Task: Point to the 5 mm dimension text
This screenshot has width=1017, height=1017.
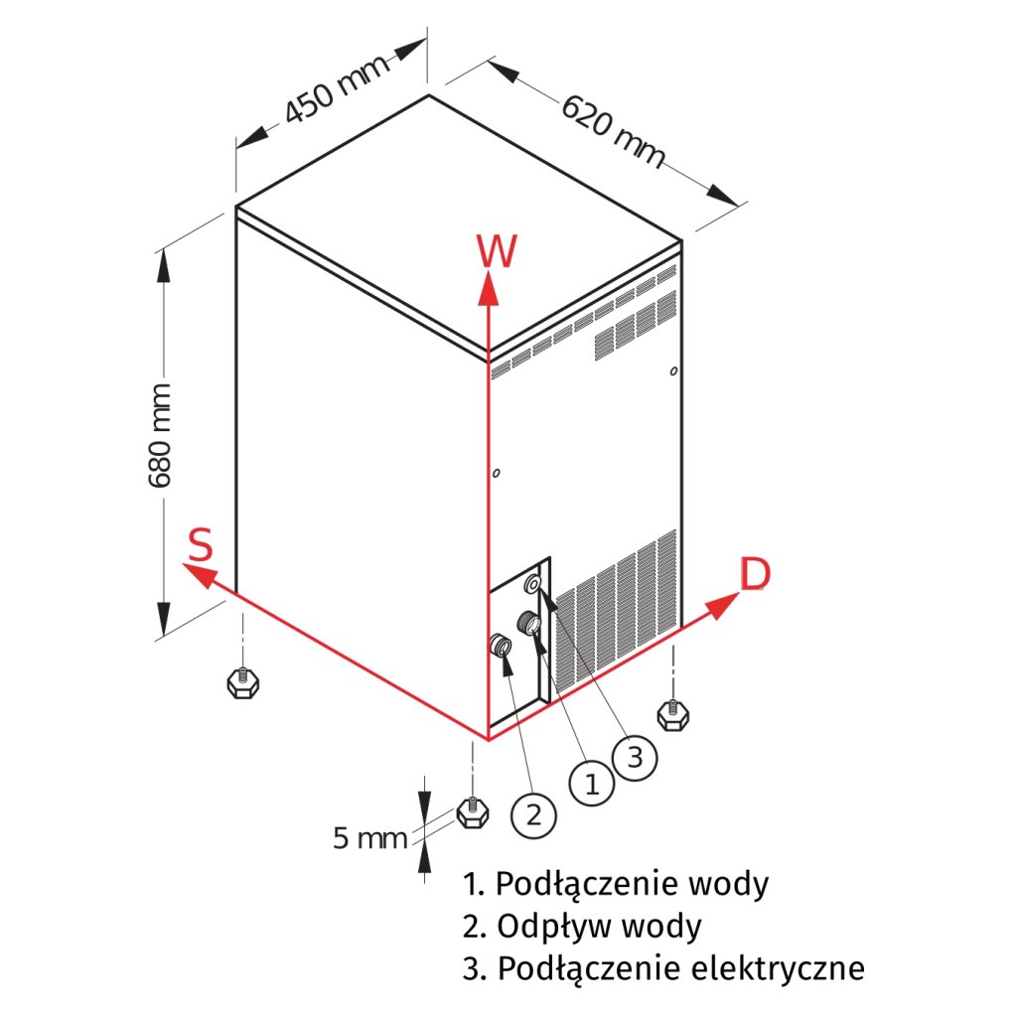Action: (x=369, y=839)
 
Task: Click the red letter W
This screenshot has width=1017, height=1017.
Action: (x=497, y=252)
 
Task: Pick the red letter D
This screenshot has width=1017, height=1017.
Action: (x=755, y=574)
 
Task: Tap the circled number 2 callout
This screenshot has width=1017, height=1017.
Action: (x=533, y=815)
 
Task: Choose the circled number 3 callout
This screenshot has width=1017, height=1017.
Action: (x=636, y=758)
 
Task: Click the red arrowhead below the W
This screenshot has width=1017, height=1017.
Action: (x=488, y=289)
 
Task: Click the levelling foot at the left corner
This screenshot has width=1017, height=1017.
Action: (x=238, y=682)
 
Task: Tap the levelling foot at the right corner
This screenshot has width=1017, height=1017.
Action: (x=672, y=712)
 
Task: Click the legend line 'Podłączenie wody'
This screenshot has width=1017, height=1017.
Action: (x=616, y=883)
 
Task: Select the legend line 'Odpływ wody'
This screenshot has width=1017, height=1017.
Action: (x=582, y=926)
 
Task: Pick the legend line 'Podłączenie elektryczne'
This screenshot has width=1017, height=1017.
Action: (x=663, y=968)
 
